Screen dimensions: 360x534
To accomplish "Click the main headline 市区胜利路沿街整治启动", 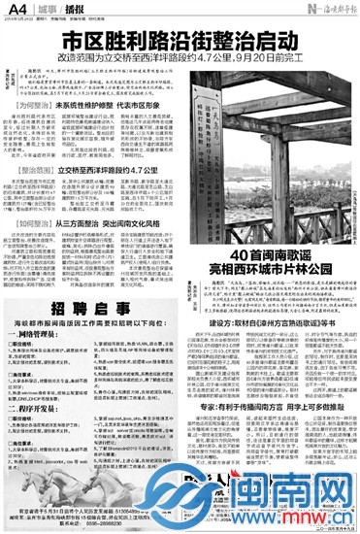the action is (x=180, y=43).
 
